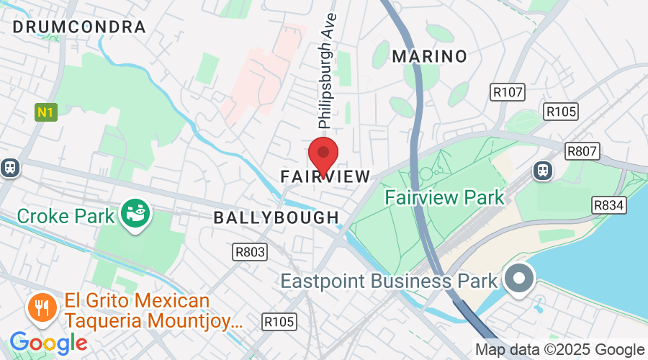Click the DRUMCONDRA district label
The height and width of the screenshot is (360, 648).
coord(79,27)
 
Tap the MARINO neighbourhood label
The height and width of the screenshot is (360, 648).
coord(429,56)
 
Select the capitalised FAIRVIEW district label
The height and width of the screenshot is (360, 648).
coord(325,176)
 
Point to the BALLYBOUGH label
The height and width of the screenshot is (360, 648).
coord(276,217)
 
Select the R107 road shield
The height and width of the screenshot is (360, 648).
coord(508,92)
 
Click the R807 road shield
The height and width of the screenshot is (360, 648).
coord(582,151)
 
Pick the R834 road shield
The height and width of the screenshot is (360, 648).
coord(609,206)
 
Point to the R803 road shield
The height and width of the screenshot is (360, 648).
coord(250,252)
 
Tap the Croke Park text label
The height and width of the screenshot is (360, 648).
coord(66,216)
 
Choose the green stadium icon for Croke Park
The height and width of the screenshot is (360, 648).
coord(135,215)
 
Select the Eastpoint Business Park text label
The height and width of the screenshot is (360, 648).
coord(389,280)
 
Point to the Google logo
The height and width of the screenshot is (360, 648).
coord(48,343)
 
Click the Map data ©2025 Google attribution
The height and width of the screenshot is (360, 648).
coord(560,350)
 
